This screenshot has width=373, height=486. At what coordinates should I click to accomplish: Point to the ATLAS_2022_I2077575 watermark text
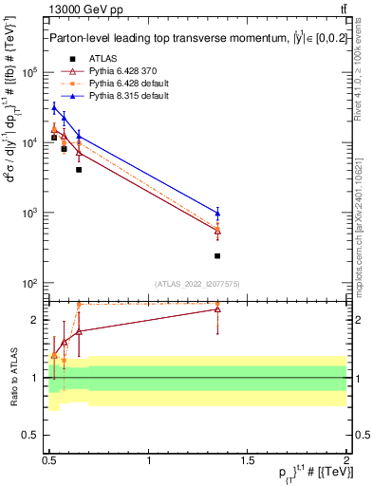tap(196, 283)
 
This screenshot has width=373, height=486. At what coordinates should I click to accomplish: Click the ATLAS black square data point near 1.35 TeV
tap(217, 255)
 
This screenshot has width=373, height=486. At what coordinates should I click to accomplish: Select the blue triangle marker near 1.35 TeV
tap(217, 213)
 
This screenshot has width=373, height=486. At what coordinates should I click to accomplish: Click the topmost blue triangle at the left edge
tap(54, 107)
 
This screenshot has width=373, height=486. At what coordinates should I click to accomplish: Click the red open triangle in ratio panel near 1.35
tap(217, 308)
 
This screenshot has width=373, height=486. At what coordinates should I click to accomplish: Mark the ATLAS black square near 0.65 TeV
tap(79, 170)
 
